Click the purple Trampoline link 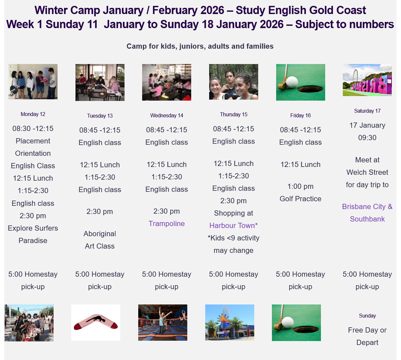(166, 223)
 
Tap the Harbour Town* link (233, 225)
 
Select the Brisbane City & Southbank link (367, 213)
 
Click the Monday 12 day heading (33, 114)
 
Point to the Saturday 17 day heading (367, 111)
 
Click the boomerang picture (96, 322)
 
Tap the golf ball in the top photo (292, 82)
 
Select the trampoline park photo (162, 322)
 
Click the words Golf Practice (300, 199)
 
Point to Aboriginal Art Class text (100, 240)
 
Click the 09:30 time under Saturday (367, 138)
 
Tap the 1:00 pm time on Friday (300, 187)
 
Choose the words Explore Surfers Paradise (33, 234)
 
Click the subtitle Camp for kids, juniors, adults (200, 46)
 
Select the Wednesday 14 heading (166, 115)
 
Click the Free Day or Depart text (367, 336)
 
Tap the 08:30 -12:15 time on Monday (33, 128)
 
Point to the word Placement (33, 141)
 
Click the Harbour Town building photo (230, 322)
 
